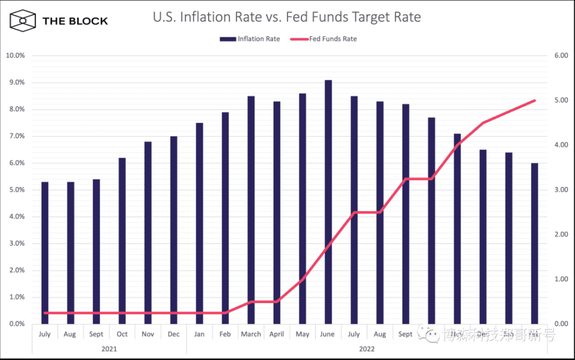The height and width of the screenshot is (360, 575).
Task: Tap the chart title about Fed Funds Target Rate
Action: [286, 17]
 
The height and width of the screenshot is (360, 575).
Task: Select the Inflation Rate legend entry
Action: [250, 39]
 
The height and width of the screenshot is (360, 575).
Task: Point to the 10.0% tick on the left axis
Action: [15, 56]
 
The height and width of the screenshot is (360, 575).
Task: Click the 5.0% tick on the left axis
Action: [17, 190]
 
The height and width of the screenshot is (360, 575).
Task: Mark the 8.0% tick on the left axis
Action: [17, 109]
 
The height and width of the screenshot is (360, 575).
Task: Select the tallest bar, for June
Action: [328, 201]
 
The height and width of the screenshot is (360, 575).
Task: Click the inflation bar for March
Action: [251, 210]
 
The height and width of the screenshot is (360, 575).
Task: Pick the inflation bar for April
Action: [277, 213]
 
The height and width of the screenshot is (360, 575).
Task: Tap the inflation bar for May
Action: [302, 208]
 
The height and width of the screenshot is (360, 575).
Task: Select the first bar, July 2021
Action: [45, 253]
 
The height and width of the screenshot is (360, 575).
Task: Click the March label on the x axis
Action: [251, 334]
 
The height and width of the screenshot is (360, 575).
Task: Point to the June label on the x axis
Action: [328, 334]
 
